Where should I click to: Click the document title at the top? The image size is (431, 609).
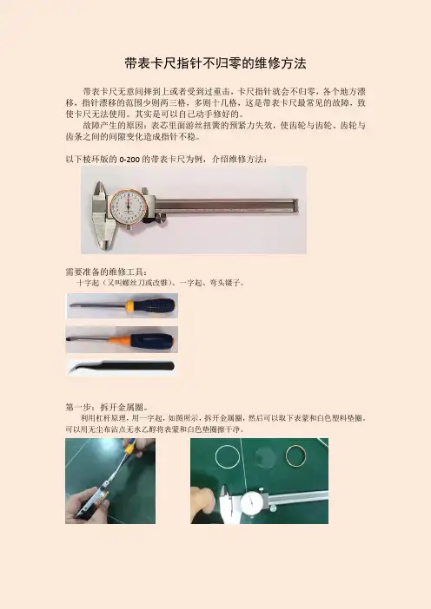pos(215,63)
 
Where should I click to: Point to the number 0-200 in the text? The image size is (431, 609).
pos(129,160)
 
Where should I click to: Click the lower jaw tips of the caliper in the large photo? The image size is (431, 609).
pos(104,244)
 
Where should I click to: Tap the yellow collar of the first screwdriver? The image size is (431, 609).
pos(129,305)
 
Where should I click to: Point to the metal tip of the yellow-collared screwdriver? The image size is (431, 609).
pos(71,305)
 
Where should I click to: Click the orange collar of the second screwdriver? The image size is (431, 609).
pos(119,340)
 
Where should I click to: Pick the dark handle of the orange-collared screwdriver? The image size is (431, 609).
pos(152,341)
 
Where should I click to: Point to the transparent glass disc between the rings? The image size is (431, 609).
pos(265,457)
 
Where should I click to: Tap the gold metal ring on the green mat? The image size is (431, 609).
pos(286,455)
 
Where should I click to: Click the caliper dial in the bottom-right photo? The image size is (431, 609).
pos(252,504)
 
